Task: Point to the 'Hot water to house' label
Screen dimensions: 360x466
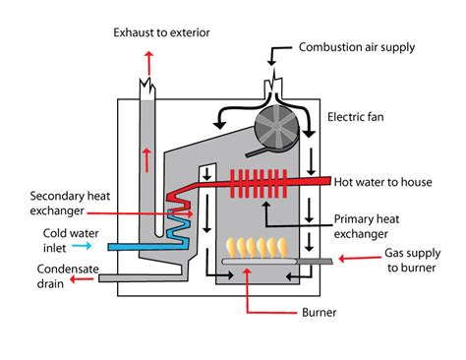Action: coord(386,182)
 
